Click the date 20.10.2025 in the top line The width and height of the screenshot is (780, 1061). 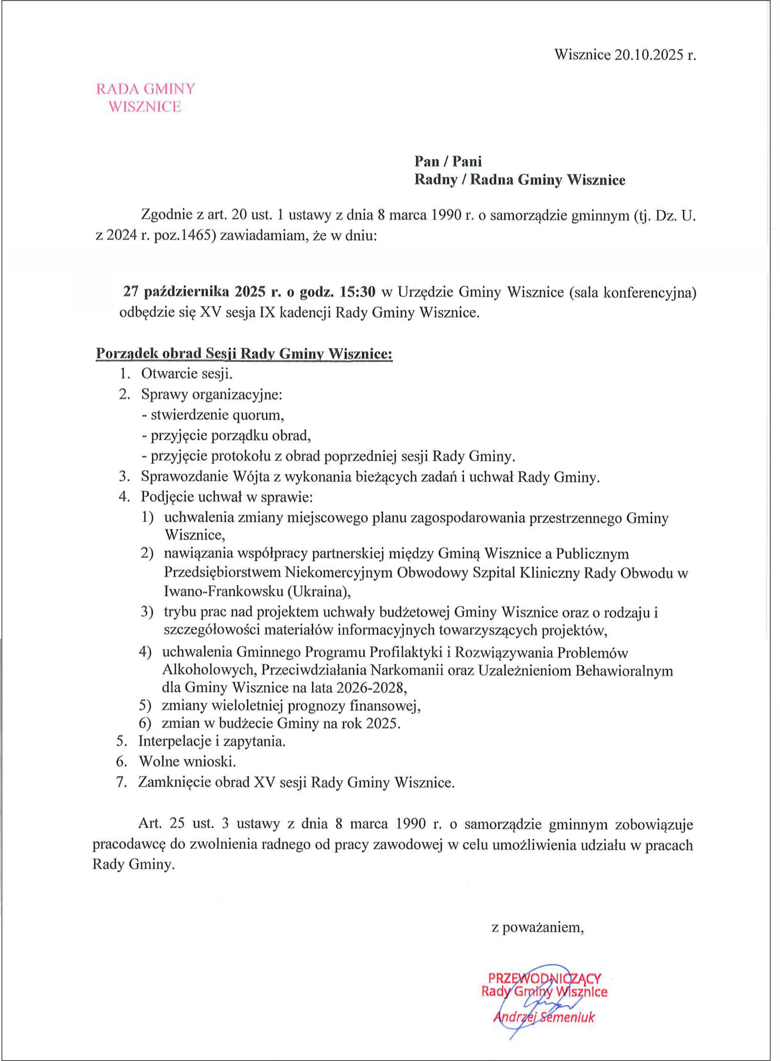[x=649, y=55]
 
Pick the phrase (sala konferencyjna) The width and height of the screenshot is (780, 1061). [x=633, y=293]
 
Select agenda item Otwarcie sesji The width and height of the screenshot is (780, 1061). [x=187, y=374]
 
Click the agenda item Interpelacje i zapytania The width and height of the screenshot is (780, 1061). [x=212, y=741]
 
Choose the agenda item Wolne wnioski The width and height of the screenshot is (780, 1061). [x=187, y=761]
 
